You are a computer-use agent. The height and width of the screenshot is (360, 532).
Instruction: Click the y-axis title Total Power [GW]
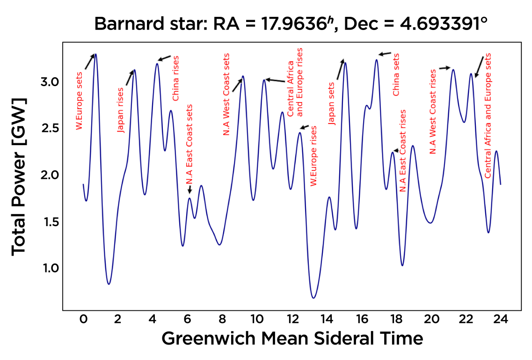19,177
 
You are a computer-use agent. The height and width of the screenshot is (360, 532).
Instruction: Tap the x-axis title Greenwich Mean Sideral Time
292,338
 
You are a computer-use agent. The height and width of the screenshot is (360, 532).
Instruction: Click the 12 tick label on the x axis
292,320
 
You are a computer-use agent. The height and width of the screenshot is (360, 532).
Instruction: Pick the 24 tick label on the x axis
501,320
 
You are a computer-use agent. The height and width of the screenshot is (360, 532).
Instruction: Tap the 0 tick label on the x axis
83,320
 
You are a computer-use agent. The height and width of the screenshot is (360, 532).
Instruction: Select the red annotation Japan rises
121,110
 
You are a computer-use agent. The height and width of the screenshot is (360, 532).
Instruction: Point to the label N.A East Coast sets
189,145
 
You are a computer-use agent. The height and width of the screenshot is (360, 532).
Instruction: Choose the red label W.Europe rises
314,156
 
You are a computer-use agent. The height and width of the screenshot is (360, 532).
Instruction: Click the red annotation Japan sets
332,104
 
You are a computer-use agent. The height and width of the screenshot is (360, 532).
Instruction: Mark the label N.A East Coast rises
402,151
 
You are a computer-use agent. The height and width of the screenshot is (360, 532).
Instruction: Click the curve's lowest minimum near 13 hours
313,298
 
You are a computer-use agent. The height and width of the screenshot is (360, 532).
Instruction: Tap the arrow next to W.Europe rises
305,127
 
